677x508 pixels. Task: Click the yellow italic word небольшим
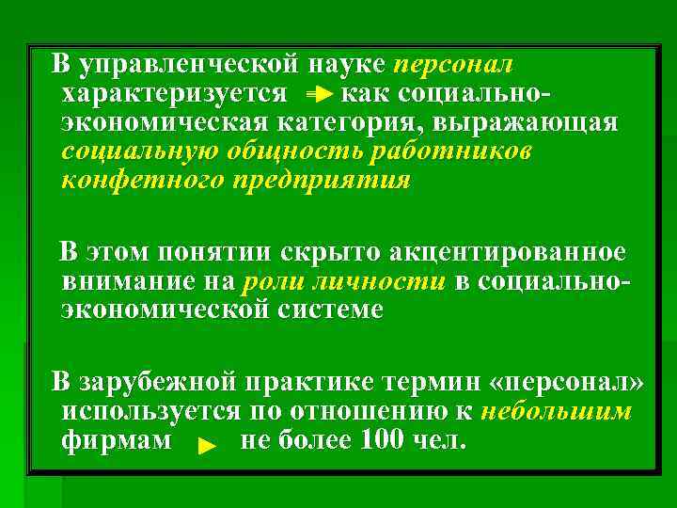pos(555,411)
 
